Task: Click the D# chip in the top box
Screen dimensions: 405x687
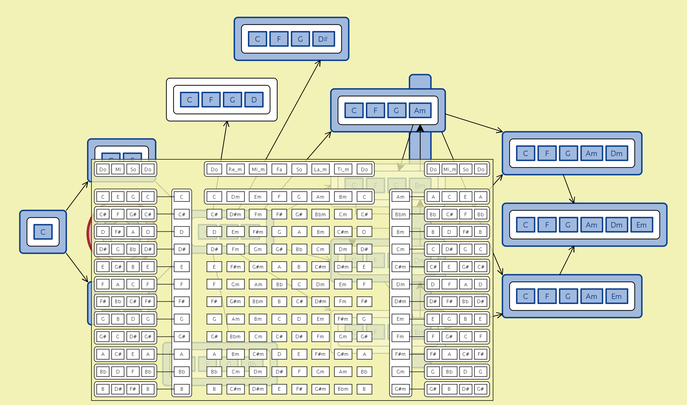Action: click(x=323, y=39)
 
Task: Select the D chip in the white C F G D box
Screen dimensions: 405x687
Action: click(x=254, y=100)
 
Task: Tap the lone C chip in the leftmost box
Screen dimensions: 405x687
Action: click(x=43, y=232)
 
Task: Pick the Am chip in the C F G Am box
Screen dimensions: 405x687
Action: click(x=420, y=110)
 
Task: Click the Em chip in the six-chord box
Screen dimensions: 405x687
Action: click(x=641, y=225)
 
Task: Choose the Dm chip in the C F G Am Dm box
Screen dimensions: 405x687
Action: click(x=616, y=153)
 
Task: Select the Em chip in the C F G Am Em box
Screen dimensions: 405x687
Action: click(x=616, y=296)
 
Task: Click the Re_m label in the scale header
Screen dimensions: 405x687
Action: click(x=235, y=169)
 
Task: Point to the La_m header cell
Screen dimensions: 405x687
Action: click(x=320, y=169)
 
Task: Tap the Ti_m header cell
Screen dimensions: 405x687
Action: click(x=343, y=169)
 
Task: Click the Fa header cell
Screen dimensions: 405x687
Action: click(x=279, y=169)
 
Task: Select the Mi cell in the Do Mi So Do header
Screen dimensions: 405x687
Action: click(x=118, y=169)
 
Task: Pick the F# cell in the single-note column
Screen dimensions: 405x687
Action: click(x=181, y=301)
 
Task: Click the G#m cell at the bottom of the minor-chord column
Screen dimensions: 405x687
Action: click(x=400, y=389)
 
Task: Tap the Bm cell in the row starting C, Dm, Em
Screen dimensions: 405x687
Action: click(x=343, y=197)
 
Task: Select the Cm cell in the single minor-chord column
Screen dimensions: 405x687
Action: click(x=400, y=249)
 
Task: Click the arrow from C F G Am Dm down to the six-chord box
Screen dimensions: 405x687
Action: click(x=568, y=189)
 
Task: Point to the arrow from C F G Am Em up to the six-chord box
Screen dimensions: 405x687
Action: click(x=567, y=261)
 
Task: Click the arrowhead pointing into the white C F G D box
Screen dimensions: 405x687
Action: click(x=227, y=123)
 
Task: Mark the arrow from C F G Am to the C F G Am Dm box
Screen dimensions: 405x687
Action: click(x=474, y=123)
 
